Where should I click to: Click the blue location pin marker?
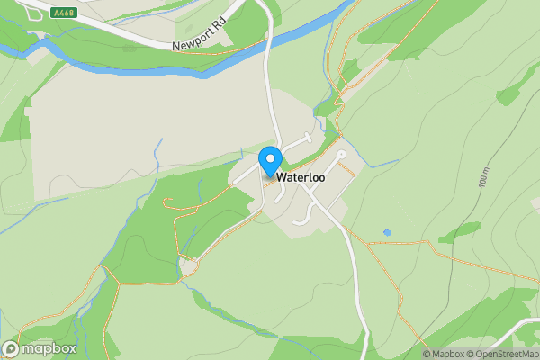[x=270, y=161]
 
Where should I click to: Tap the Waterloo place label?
[x=301, y=178]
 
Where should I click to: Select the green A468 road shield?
[x=63, y=13]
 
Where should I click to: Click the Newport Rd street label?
[x=198, y=35]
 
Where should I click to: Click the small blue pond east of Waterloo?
[x=387, y=233]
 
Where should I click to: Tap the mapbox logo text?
[x=49, y=348]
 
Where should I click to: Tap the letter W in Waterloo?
[x=282, y=178]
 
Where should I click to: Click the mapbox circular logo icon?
[x=11, y=348]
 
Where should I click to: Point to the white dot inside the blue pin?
[x=270, y=157]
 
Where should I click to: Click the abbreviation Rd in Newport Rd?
[x=219, y=27]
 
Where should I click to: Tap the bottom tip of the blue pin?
[x=270, y=175]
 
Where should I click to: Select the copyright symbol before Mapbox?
[x=427, y=354]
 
